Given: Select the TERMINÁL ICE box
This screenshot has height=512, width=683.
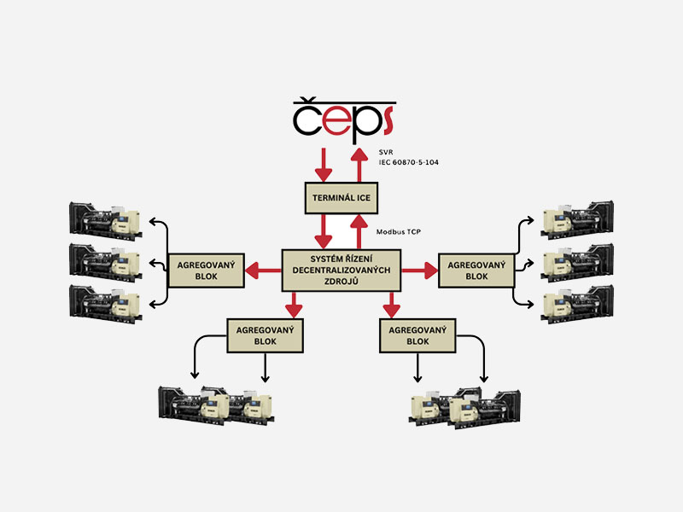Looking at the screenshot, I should pyautogui.click(x=341, y=198).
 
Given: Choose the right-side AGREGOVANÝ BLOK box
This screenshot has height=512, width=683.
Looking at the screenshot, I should pyautogui.click(x=476, y=270).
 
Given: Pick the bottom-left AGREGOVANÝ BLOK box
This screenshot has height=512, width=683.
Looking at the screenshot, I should pyautogui.click(x=266, y=335).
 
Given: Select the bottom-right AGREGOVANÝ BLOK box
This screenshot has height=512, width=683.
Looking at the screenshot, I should pyautogui.click(x=418, y=335).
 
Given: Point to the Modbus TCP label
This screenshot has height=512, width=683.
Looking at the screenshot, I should pyautogui.click(x=399, y=232).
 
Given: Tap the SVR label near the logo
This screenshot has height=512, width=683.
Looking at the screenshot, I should pyautogui.click(x=387, y=151).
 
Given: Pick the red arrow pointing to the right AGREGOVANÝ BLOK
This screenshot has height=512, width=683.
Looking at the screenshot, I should pyautogui.click(x=420, y=271).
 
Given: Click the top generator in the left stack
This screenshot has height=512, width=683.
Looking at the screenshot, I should pyautogui.click(x=104, y=219).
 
